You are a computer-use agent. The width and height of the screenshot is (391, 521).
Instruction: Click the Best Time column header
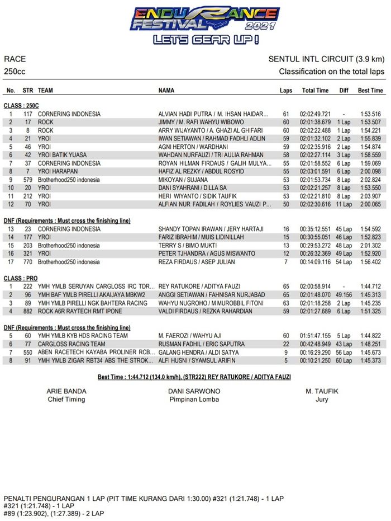(370, 90)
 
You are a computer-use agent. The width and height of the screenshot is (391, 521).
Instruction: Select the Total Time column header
(315, 90)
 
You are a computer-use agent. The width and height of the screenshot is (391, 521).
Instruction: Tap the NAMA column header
(166, 90)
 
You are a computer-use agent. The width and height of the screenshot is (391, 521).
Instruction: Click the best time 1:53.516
(369, 114)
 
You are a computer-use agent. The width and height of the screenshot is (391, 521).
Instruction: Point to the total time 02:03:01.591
(315, 171)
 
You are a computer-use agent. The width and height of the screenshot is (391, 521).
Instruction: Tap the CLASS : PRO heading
(21, 278)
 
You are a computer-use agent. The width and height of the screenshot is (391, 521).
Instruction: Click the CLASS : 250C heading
(21, 105)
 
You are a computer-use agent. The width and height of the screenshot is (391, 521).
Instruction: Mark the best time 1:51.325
(369, 311)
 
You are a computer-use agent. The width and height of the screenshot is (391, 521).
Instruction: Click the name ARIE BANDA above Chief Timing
(66, 391)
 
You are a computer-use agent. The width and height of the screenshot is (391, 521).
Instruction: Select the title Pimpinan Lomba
(194, 400)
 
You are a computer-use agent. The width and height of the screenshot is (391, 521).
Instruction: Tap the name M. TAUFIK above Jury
(322, 391)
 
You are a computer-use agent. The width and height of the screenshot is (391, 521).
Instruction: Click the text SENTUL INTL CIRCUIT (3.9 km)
(326, 59)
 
